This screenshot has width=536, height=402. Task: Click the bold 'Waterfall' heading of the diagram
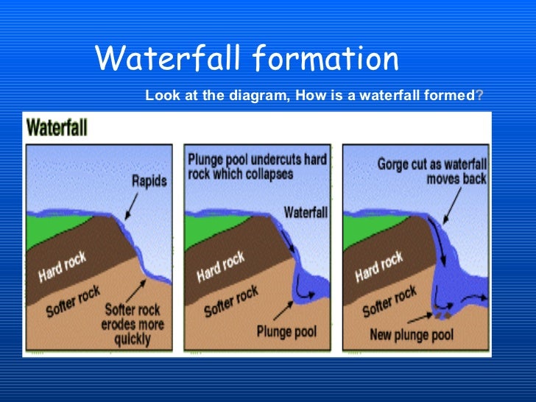click(57, 128)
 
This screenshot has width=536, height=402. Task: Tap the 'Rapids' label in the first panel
click(149, 179)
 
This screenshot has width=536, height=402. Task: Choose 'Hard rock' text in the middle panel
click(221, 266)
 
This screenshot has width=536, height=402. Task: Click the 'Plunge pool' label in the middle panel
click(287, 331)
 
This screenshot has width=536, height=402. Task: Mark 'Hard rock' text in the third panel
click(379, 266)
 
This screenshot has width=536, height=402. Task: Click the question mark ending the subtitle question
click(480, 96)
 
